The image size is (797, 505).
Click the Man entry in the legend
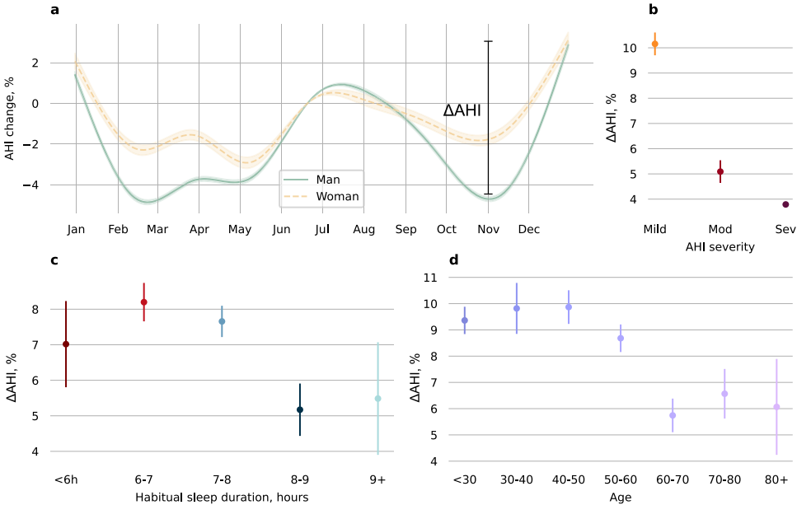tap(326, 179)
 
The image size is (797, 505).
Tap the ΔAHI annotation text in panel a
tap(462, 111)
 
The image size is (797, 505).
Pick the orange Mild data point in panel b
tap(655, 44)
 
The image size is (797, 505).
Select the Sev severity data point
tap(785, 204)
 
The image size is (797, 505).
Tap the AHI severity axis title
tap(720, 246)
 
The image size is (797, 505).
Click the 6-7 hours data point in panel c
tap(144, 302)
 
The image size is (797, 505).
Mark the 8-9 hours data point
tap(300, 409)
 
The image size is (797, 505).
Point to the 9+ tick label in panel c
tap(377, 479)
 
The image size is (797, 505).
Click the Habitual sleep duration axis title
tap(222, 496)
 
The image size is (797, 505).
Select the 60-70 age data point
tap(673, 415)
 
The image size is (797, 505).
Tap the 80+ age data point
tap(776, 407)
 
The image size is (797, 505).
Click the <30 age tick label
tap(464, 479)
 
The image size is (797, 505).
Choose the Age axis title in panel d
tap(620, 496)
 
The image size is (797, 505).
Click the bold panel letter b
tap(653, 10)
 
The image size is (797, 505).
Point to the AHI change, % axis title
tap(10, 115)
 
